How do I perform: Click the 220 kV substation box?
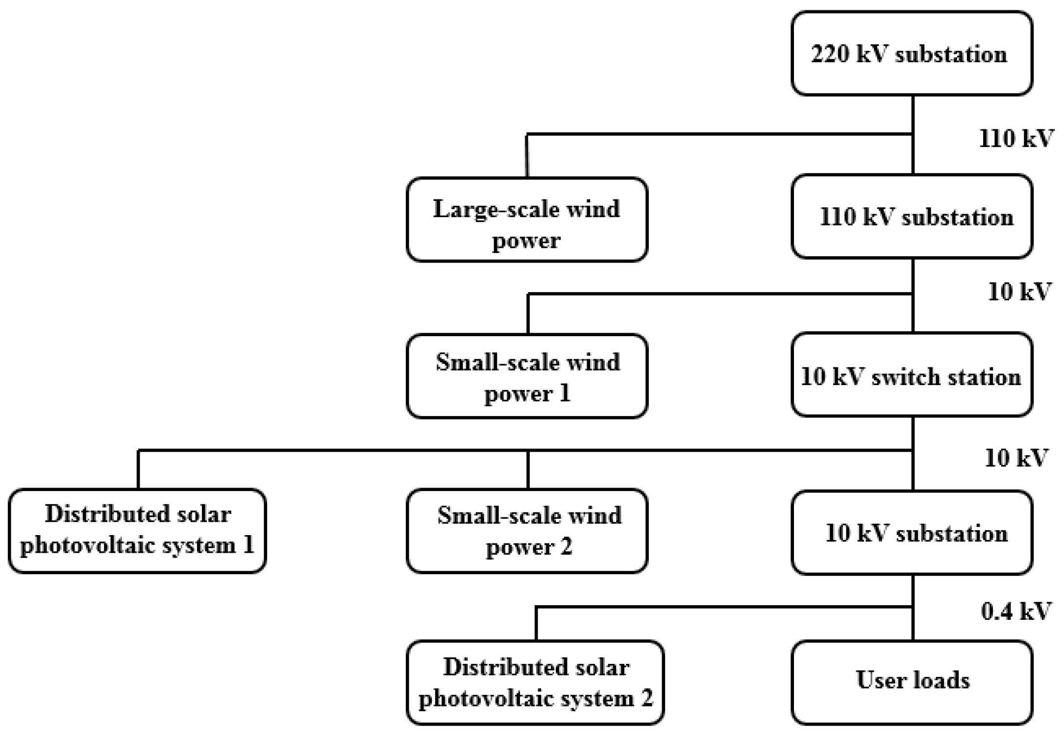point(912,53)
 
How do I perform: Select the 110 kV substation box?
point(912,216)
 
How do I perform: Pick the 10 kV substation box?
point(912,533)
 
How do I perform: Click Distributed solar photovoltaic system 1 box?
point(137,531)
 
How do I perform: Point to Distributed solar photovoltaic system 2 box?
point(535,682)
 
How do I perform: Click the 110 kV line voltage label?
point(1015,139)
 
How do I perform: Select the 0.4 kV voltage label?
point(1015,611)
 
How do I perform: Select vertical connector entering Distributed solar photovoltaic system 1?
point(138,469)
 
